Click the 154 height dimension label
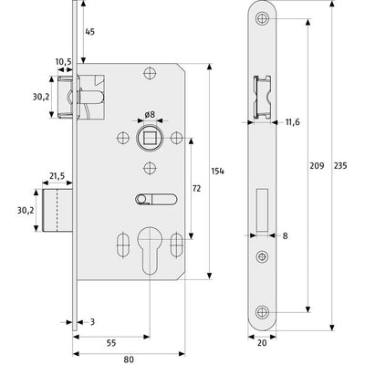(217, 172)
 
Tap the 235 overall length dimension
(340, 166)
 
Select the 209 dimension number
(317, 166)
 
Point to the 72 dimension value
(196, 189)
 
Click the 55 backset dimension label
(111, 343)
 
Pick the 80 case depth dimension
(129, 360)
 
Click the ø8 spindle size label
(150, 115)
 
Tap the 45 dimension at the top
(89, 32)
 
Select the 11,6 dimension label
(293, 122)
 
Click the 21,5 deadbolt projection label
(57, 176)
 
